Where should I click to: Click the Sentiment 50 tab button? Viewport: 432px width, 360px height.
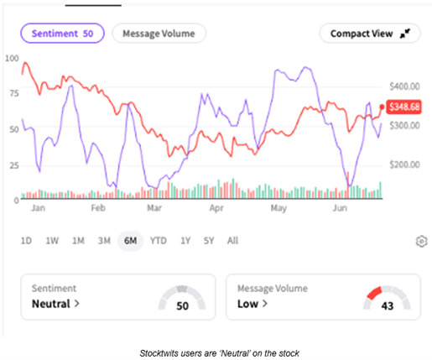tap(63, 34)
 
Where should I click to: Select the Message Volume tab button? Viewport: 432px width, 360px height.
tap(159, 34)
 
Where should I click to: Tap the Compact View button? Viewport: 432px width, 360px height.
tap(369, 34)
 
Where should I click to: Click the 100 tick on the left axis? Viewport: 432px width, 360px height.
tap(12, 58)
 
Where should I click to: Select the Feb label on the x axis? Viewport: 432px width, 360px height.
tap(98, 206)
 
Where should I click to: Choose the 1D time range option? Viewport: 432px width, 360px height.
tap(27, 241)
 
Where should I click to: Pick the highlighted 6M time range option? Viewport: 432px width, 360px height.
tap(129, 241)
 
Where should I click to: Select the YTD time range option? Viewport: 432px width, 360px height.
tap(158, 241)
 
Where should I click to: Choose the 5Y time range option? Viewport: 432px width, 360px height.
tap(208, 241)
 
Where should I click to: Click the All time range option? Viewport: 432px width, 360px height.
tap(232, 241)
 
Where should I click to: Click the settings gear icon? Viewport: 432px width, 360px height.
tap(421, 242)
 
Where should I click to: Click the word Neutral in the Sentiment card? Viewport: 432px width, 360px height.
tap(52, 304)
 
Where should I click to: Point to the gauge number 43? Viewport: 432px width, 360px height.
tap(388, 306)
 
